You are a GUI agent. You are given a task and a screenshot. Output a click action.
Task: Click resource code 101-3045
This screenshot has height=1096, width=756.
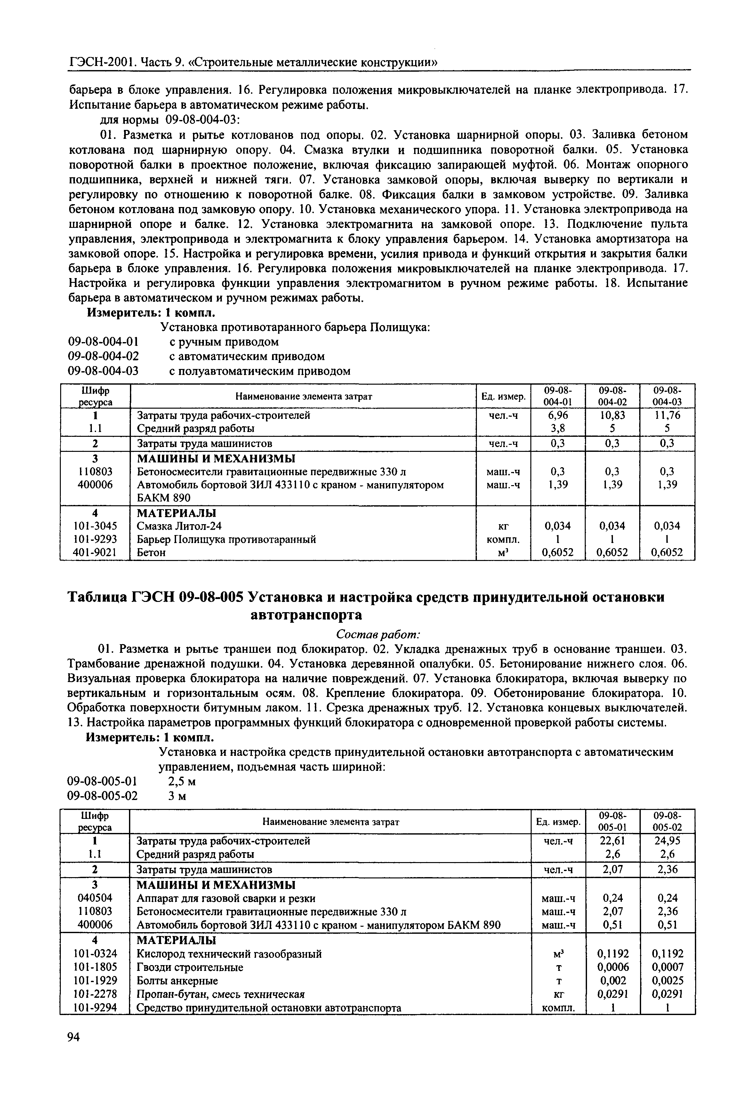click(x=95, y=526)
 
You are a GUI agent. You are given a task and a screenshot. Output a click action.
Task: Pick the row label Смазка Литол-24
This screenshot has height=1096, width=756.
click(x=179, y=526)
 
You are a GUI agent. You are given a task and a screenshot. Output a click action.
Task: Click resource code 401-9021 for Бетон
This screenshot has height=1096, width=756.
click(x=95, y=552)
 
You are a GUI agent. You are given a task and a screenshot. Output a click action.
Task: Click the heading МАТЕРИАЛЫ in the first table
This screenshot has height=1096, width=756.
click(x=176, y=513)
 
